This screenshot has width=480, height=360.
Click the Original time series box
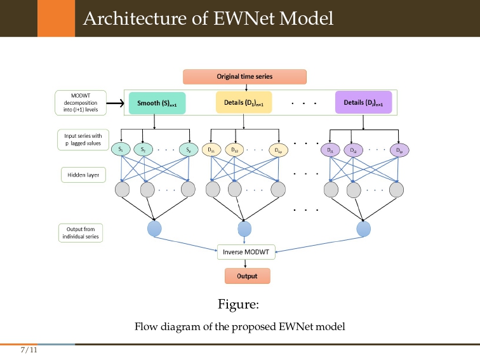click(x=244, y=77)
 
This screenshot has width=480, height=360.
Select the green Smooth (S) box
click(x=157, y=103)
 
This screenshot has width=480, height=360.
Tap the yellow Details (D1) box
click(x=244, y=102)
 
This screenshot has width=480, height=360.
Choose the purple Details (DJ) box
click(x=363, y=102)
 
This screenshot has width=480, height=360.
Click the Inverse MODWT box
click(x=246, y=252)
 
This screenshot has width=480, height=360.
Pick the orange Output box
click(x=247, y=276)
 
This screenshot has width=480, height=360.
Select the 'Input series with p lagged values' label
click(x=83, y=139)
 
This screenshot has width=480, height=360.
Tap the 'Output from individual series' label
click(x=83, y=232)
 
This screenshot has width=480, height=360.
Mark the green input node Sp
click(x=188, y=150)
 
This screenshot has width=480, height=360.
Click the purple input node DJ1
click(x=330, y=150)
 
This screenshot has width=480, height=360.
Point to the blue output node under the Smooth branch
click(x=154, y=229)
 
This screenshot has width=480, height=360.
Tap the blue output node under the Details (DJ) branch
click(x=364, y=229)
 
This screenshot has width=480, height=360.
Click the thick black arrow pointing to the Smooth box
click(x=115, y=103)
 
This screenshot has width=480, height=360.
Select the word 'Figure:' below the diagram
click(x=239, y=305)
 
